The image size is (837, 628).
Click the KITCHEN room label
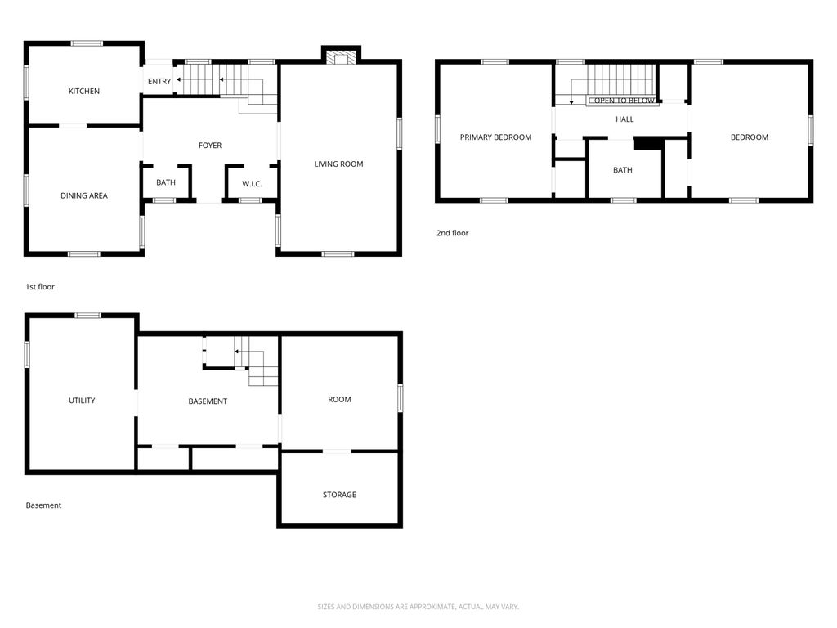tap(83, 91)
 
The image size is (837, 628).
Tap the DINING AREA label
tap(83, 195)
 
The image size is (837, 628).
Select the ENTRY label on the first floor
tap(159, 81)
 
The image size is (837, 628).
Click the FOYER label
tap(210, 146)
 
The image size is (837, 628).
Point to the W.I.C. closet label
tap(252, 183)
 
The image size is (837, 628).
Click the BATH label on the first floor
tap(166, 182)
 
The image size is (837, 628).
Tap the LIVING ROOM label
tap(338, 164)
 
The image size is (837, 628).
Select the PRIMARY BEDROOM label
tap(495, 137)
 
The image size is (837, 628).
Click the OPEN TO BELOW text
tap(624, 101)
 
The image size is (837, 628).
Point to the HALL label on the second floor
tap(624, 119)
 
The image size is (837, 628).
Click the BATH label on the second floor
tap(623, 170)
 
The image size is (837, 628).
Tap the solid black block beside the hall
tap(647, 143)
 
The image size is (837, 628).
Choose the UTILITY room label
tap(82, 401)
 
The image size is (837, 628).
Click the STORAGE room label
tap(339, 495)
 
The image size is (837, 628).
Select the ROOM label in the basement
tap(339, 399)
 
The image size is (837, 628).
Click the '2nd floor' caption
tap(452, 233)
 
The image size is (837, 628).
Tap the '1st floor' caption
tap(40, 287)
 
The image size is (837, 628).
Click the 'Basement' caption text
tap(43, 505)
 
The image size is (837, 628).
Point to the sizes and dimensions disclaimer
tap(418, 607)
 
